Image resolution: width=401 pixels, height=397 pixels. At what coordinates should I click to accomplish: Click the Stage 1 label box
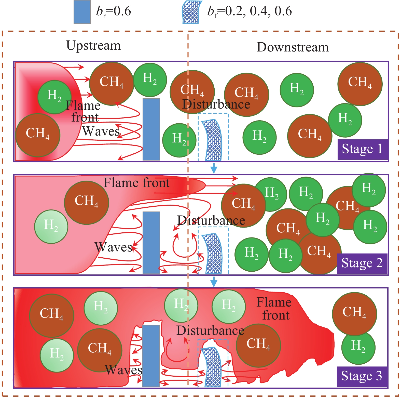(x=362, y=149)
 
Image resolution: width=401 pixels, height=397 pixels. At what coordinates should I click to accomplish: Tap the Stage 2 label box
(x=362, y=263)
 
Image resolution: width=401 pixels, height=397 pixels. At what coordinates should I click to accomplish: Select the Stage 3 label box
(x=362, y=376)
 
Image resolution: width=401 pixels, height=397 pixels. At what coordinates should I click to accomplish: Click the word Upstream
(x=93, y=46)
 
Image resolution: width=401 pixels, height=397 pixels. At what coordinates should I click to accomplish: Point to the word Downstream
(x=293, y=47)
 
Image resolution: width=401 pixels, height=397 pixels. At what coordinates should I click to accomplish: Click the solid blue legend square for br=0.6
(x=82, y=12)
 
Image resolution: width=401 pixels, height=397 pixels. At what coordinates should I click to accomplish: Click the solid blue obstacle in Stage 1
(x=151, y=129)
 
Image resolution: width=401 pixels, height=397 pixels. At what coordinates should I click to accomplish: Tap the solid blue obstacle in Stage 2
(x=151, y=242)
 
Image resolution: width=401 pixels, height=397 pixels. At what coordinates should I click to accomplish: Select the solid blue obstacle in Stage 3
(x=151, y=355)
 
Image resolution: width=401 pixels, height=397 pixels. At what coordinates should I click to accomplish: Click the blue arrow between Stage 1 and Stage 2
(x=214, y=168)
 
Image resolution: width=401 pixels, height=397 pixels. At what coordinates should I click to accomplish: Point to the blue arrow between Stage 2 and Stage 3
(x=214, y=282)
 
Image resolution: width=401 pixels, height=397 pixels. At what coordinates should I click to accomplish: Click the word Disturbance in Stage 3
(x=210, y=331)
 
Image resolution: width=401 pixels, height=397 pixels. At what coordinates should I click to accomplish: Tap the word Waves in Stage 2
(x=114, y=247)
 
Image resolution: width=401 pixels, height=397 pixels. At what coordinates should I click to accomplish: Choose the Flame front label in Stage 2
(x=136, y=183)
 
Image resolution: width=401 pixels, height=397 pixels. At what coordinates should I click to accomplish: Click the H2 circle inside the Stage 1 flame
(x=54, y=97)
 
